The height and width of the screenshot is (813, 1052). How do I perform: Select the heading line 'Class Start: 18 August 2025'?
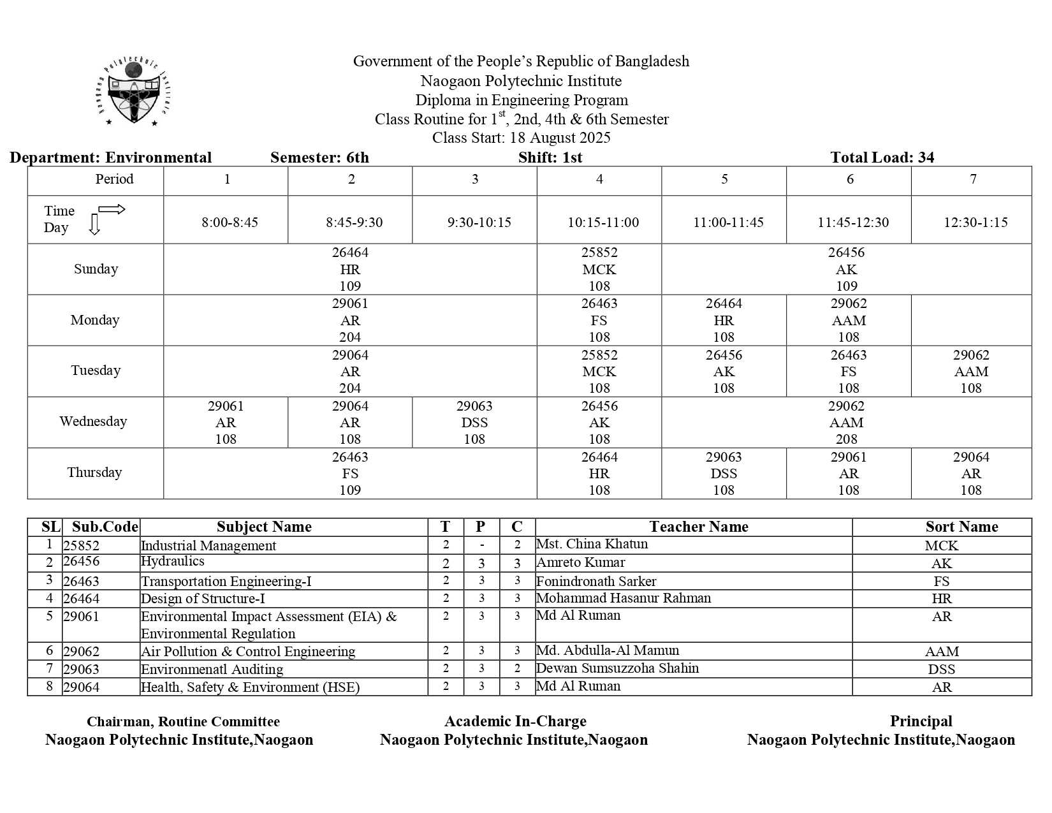[521, 138]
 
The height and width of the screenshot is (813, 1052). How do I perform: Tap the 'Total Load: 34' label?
[882, 157]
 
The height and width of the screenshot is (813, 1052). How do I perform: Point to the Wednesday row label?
[93, 421]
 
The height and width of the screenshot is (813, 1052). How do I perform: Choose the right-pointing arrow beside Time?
[112, 210]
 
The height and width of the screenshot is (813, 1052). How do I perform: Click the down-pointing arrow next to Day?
[94, 225]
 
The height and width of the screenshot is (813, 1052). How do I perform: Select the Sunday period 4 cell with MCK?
[599, 269]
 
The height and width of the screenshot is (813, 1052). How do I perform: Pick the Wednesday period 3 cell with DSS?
[474, 422]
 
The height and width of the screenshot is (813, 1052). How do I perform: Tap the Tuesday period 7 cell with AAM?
[970, 371]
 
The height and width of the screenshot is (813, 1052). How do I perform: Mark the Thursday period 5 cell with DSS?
[724, 473]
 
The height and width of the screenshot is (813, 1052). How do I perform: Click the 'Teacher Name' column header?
[698, 527]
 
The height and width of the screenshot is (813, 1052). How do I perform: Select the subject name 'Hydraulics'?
[173, 561]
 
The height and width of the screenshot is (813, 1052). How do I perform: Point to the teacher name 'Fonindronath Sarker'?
[596, 581]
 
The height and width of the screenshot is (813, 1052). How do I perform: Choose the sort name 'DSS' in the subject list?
[941, 670]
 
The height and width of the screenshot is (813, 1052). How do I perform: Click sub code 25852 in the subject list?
[81, 545]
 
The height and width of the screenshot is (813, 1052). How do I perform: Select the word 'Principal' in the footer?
[921, 721]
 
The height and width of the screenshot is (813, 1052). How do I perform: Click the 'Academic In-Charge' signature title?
[515, 721]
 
